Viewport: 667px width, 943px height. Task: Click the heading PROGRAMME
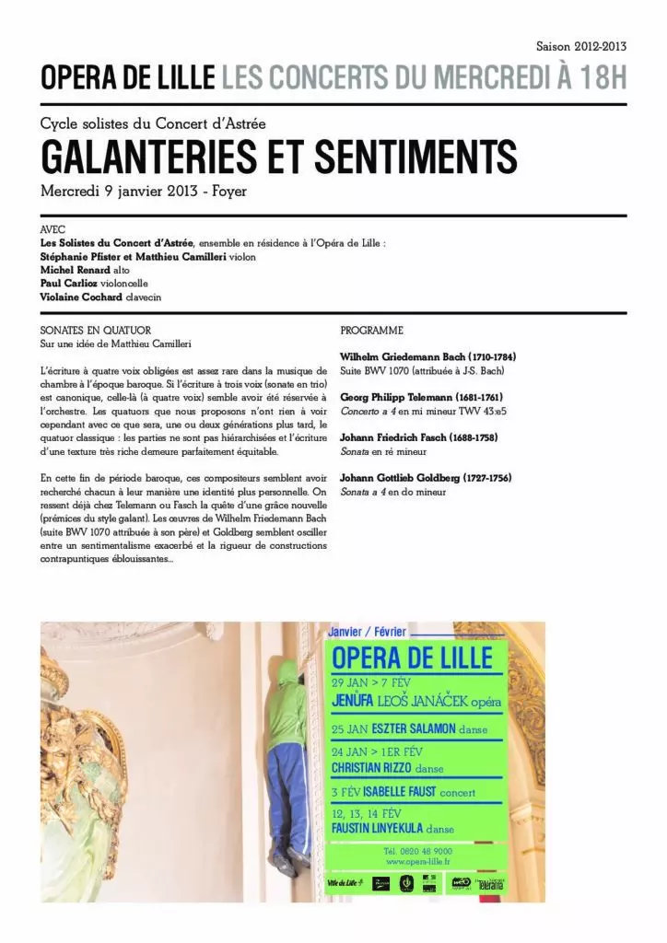coord(372,330)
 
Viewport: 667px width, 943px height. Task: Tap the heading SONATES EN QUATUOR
coord(96,330)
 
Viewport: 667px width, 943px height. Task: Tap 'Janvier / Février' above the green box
coord(368,632)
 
